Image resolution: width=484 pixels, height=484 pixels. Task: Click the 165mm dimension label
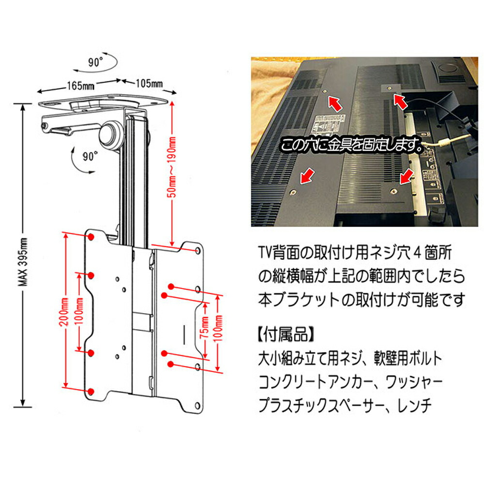click(x=81, y=86)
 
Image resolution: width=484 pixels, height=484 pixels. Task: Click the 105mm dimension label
click(x=150, y=83)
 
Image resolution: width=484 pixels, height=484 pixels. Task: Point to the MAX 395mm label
click(x=23, y=262)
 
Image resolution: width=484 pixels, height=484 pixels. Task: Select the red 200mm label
click(x=64, y=312)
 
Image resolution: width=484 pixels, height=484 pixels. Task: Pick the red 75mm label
click(x=204, y=328)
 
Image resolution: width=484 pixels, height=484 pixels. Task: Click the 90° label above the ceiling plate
click(x=95, y=62)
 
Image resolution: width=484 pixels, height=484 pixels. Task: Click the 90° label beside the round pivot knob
click(x=90, y=156)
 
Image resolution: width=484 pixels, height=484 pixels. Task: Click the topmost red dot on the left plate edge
click(x=91, y=237)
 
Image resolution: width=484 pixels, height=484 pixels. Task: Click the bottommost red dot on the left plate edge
click(x=91, y=392)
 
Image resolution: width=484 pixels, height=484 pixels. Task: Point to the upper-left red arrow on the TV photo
click(x=335, y=103)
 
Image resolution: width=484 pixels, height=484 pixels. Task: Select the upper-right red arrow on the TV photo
click(x=401, y=102)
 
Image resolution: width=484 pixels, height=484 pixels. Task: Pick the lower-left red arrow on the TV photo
click(x=307, y=176)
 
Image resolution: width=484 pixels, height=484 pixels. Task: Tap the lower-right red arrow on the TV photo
click(x=407, y=176)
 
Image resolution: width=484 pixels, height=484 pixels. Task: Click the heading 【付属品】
click(x=286, y=334)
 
